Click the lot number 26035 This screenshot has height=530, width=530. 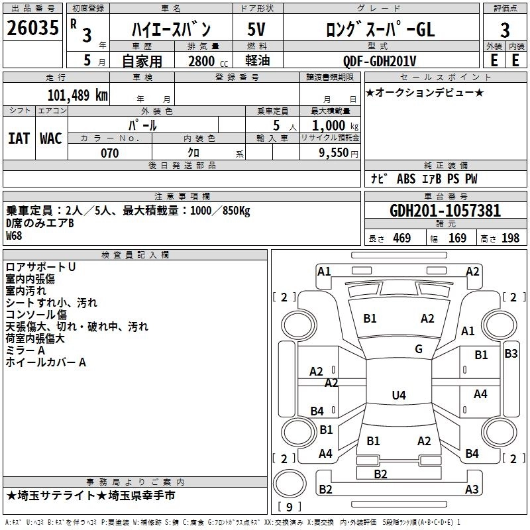click(32, 28)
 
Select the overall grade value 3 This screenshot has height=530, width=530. click(505, 30)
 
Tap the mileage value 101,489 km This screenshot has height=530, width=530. click(78, 95)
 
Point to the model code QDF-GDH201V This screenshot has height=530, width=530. click(380, 61)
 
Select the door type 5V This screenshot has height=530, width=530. click(256, 29)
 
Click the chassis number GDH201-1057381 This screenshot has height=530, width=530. click(445, 211)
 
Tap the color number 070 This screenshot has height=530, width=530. click(110, 153)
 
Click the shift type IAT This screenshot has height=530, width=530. click(19, 138)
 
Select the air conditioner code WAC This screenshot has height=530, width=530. click(51, 138)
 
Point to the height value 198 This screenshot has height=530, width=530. click(510, 238)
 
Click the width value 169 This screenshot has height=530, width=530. click(457, 238)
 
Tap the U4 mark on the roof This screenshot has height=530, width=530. click(399, 395)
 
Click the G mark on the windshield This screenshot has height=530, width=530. click(419, 349)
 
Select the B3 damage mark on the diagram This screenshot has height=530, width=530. click(511, 354)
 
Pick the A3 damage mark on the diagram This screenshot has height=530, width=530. click(472, 489)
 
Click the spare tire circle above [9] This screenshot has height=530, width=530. click(290, 484)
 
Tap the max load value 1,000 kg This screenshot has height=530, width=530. click(335, 126)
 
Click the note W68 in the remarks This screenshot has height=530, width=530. click(14, 236)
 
